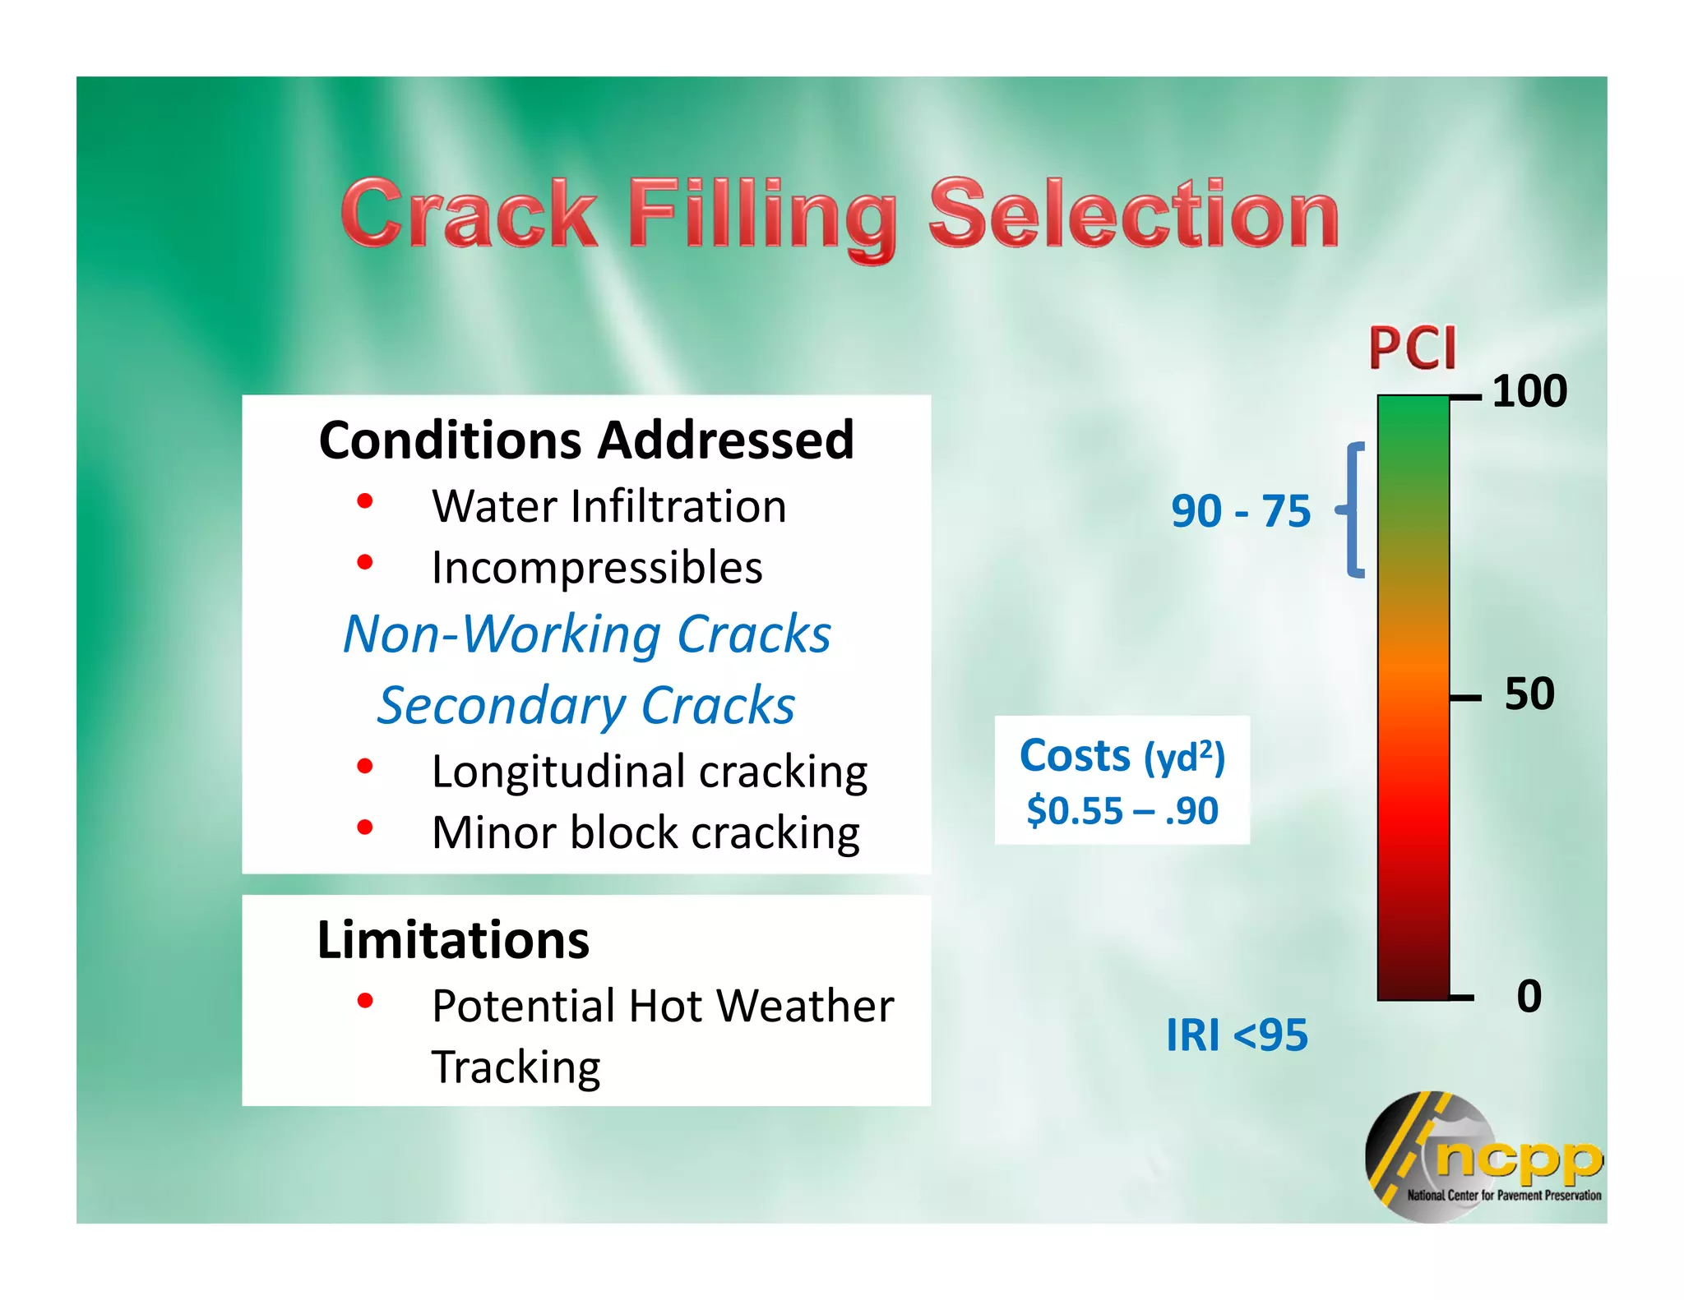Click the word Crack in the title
[x=470, y=215]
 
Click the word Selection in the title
[x=1134, y=215]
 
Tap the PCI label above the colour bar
[x=1412, y=349]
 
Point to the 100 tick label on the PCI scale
[x=1529, y=392]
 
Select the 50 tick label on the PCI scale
[x=1529, y=694]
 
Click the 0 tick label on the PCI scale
[x=1529, y=997]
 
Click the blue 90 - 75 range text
[x=1240, y=511]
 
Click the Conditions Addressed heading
[x=586, y=440]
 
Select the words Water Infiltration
[x=608, y=506]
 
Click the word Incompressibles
[x=597, y=568]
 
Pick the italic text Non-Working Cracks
[x=586, y=634]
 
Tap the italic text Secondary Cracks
[x=586, y=706]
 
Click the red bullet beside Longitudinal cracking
[x=365, y=767]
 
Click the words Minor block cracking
[x=645, y=833]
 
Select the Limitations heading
[x=453, y=940]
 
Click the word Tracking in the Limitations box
[x=516, y=1067]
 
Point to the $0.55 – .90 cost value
[x=1122, y=811]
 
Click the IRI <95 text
[x=1236, y=1035]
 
